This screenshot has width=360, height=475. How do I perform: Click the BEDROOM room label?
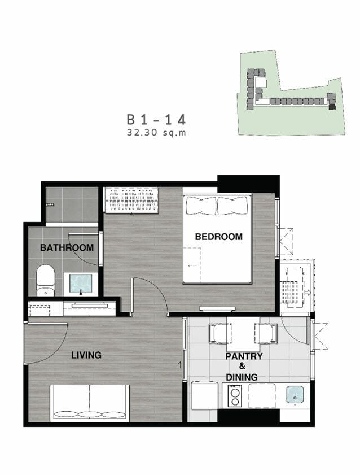pyautogui.click(x=218, y=237)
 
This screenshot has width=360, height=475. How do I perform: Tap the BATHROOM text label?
pyautogui.click(x=67, y=247)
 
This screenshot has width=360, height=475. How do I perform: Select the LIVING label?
pyautogui.click(x=86, y=355)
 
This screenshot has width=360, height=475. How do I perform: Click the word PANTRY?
pyautogui.click(x=244, y=356)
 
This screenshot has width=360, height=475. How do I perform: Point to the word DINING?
pyautogui.click(x=242, y=377)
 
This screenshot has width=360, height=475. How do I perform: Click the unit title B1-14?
pyautogui.click(x=156, y=120)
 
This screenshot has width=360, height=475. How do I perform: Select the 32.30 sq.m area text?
pyautogui.click(x=156, y=132)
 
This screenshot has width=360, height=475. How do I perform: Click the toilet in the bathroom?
pyautogui.click(x=45, y=280)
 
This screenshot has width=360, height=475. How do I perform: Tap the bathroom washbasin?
pyautogui.click(x=81, y=284)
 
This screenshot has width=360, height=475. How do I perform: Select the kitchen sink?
pyautogui.click(x=295, y=394)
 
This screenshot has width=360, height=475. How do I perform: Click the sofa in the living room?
pyautogui.click(x=90, y=403)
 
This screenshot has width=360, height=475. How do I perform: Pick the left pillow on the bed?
pyautogui.click(x=201, y=205)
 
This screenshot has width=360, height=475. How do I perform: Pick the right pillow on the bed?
pyautogui.click(x=233, y=205)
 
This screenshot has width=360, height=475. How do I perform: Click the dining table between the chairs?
pyautogui.click(x=243, y=334)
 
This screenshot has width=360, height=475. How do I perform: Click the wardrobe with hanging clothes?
pyautogui.click(x=131, y=199)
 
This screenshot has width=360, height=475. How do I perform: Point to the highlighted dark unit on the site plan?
pyautogui.click(x=332, y=106)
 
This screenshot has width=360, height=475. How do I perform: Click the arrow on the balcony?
pyautogui.click(x=308, y=293)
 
